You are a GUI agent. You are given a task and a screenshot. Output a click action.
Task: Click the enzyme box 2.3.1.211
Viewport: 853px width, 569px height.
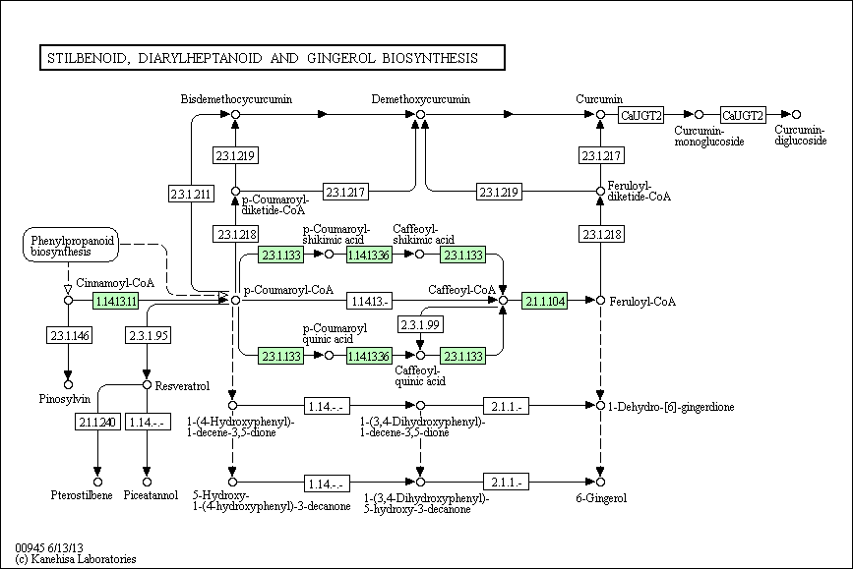coord(191,194)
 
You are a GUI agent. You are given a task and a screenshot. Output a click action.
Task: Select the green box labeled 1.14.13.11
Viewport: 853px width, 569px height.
coord(116,301)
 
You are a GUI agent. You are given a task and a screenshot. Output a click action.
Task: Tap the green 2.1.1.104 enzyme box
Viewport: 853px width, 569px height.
coord(544,301)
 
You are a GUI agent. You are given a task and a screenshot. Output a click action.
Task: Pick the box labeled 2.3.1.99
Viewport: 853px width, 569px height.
coord(420,324)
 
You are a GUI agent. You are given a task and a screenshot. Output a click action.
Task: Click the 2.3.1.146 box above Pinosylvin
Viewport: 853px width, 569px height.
coord(69,335)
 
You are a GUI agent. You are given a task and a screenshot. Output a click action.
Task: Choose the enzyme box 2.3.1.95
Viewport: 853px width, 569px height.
coord(148,335)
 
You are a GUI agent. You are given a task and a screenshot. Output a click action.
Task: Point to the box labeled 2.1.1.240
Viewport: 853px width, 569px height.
coord(98,422)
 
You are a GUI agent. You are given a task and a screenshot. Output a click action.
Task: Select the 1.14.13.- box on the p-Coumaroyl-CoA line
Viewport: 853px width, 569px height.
coord(369,301)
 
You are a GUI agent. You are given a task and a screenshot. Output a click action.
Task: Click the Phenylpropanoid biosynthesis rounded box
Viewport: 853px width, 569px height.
coord(71,245)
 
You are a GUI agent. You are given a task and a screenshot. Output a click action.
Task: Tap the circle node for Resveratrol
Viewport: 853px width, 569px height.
coord(147,385)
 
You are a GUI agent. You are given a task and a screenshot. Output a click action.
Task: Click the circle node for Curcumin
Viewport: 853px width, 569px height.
coord(600,115)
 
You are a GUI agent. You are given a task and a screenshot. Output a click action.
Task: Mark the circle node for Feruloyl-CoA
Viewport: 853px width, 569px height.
coord(600,301)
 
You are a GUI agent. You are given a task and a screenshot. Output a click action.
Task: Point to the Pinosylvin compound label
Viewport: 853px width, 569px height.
coord(65,399)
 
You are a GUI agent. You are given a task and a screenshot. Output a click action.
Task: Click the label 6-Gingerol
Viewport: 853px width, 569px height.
coord(601,498)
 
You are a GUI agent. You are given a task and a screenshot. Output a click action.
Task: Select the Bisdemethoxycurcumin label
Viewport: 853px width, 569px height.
coord(236,99)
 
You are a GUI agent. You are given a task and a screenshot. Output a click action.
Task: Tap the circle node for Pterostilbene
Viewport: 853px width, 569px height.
coord(98,483)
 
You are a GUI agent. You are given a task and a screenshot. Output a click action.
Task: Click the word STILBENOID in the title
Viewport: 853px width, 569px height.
coord(87,58)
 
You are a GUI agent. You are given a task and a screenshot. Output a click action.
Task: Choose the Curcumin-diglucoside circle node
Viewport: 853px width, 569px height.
coord(796,115)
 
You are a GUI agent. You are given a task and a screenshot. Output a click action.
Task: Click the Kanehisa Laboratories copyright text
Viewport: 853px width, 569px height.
coord(76,558)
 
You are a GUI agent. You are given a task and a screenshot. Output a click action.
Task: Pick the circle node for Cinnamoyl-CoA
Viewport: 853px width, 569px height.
coord(69,301)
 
